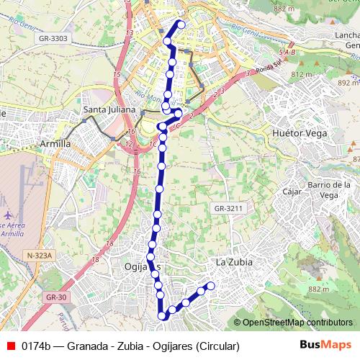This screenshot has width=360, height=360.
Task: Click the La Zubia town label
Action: point(234,262)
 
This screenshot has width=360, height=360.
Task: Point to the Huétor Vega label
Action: point(300,133)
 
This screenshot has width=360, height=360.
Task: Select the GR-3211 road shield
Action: point(230,208)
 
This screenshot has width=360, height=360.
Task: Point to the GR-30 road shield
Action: point(53,297)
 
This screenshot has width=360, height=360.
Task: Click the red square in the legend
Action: point(10,346)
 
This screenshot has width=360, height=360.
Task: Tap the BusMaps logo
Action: point(325,346)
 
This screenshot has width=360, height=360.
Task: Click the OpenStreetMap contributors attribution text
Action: point(297,323)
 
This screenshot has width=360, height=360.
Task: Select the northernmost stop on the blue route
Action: point(181,25)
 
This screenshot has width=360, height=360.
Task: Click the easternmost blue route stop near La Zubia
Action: point(211,286)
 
